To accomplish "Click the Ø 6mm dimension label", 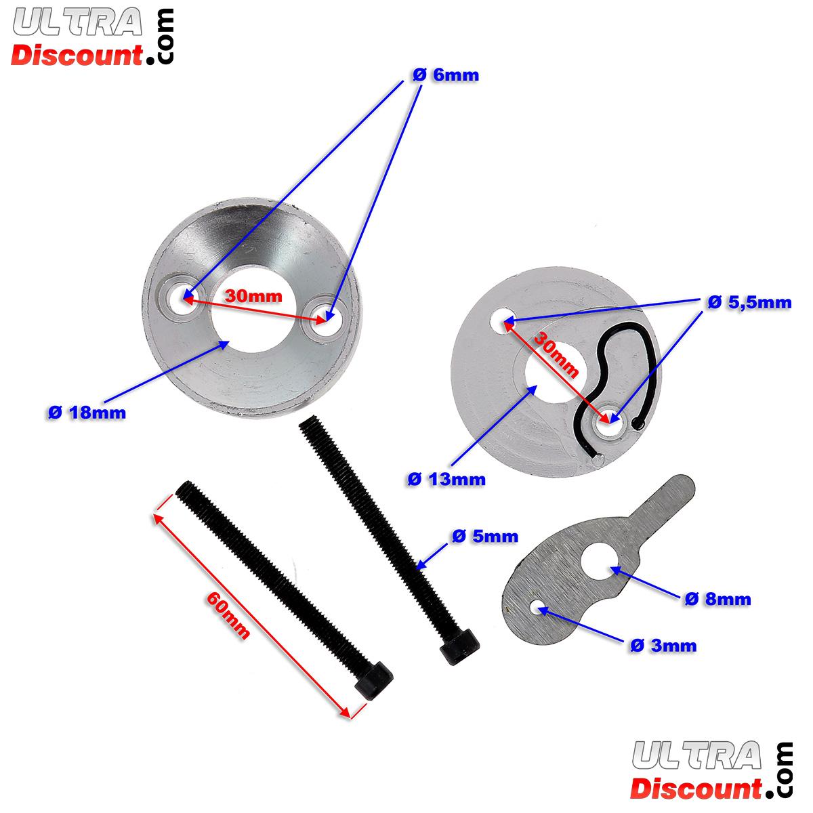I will coord(445,75).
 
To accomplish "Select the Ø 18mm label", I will coord(87,413).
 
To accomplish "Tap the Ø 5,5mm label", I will coord(749,304).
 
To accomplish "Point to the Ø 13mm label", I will coord(446,480).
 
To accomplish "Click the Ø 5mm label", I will coord(484,537).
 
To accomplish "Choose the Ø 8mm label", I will coord(717,599).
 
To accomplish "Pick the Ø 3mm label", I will coord(663,646).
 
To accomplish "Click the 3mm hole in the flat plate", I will coord(539,607).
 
